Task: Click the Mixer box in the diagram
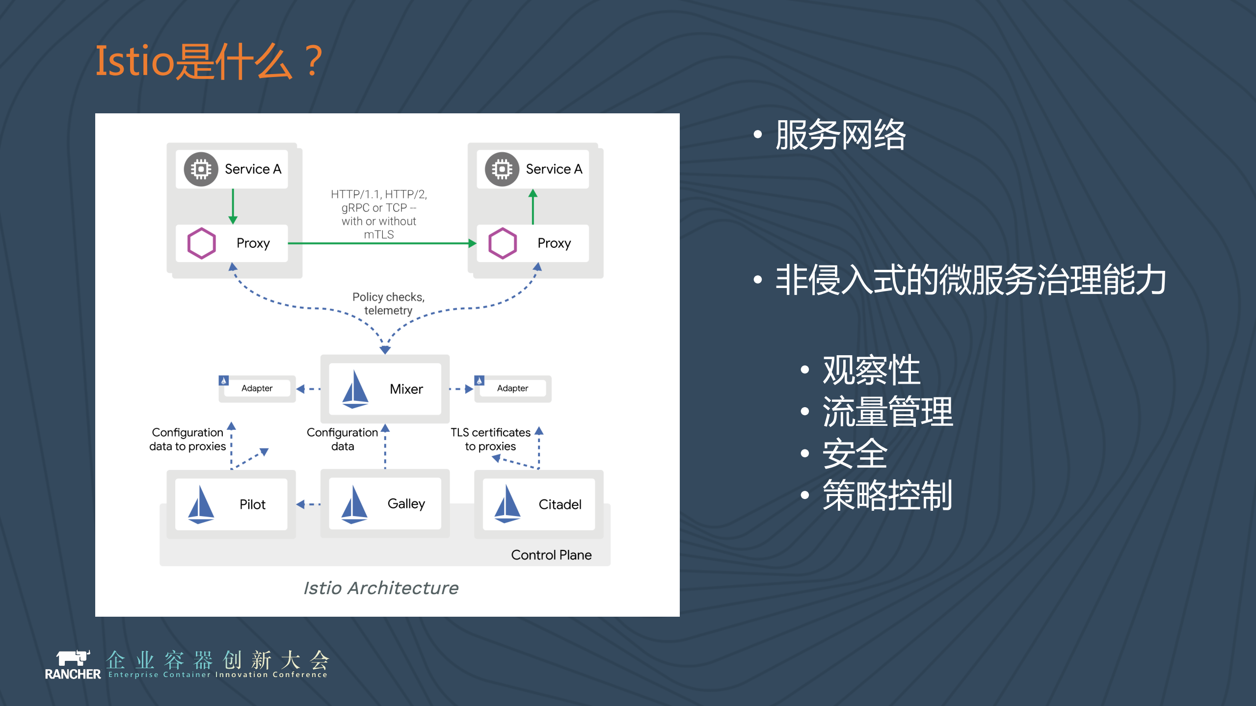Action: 385,389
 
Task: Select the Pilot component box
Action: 231,504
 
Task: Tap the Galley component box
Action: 385,504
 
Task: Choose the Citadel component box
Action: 538,504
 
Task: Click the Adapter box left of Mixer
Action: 257,389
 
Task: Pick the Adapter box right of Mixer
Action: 513,389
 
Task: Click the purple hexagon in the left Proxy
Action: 202,243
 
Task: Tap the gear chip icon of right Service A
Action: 502,169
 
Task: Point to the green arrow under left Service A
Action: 233,206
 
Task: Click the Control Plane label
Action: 551,555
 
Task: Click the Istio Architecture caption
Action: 381,588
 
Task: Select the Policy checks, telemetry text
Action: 388,304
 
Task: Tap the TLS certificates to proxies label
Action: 490,439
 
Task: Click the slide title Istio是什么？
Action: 209,61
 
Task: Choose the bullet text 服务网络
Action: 840,135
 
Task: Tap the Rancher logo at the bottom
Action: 73,665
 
